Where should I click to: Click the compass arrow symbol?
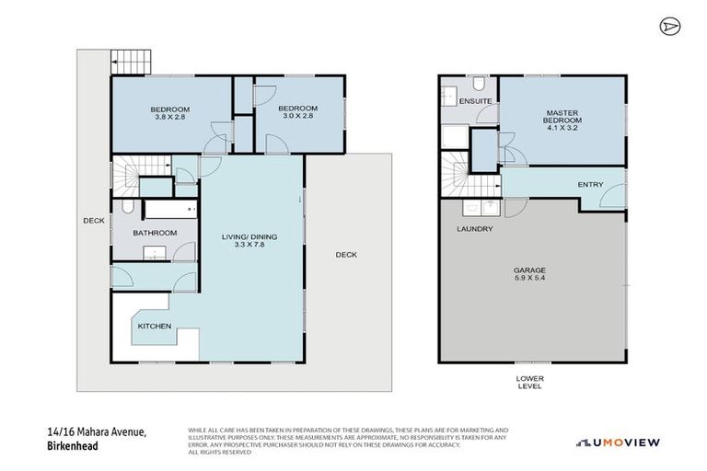(x=669, y=27)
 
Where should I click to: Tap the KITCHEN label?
(x=153, y=327)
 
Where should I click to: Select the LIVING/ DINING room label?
(x=249, y=236)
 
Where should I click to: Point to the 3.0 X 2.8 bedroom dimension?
(x=297, y=116)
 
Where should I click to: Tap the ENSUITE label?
(x=475, y=99)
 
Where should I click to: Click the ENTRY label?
(x=590, y=185)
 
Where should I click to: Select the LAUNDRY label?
(x=475, y=228)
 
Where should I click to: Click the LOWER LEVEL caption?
(x=529, y=382)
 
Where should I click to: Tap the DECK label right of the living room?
(x=345, y=255)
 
